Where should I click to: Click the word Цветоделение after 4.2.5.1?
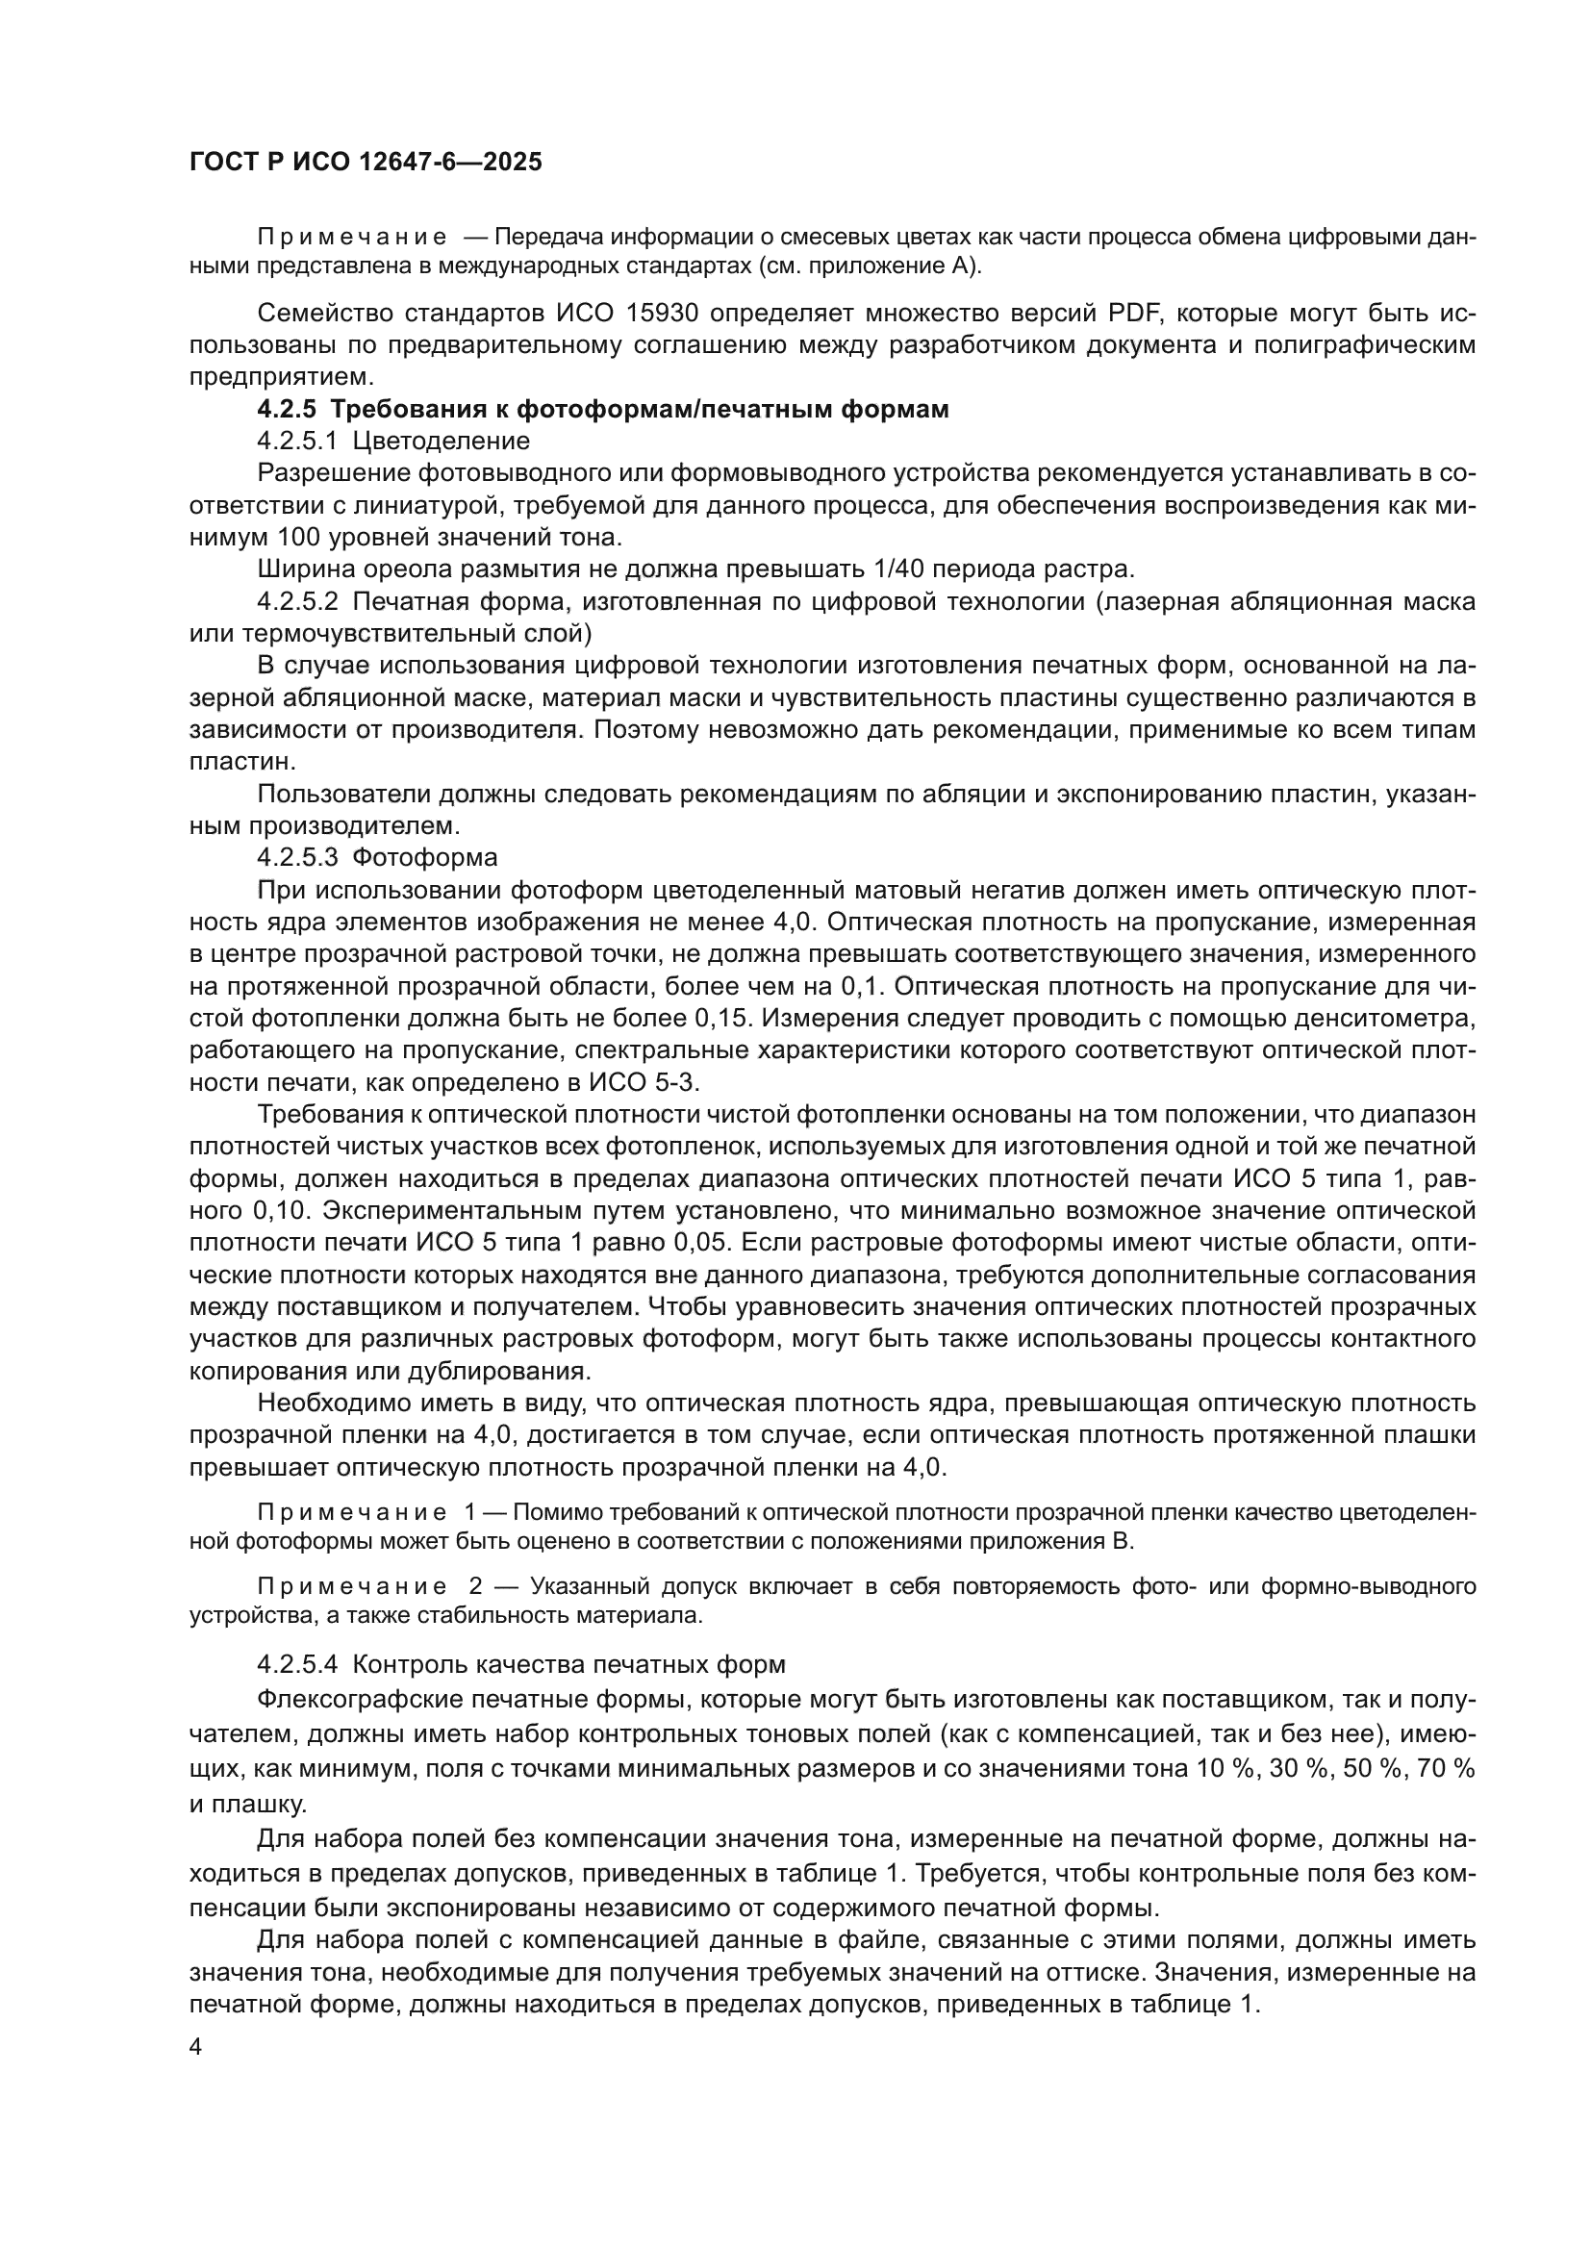click(441, 442)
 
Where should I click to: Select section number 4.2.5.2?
click(299, 601)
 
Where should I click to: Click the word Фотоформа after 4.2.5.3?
click(424, 858)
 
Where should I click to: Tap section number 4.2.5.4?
click(299, 1665)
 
